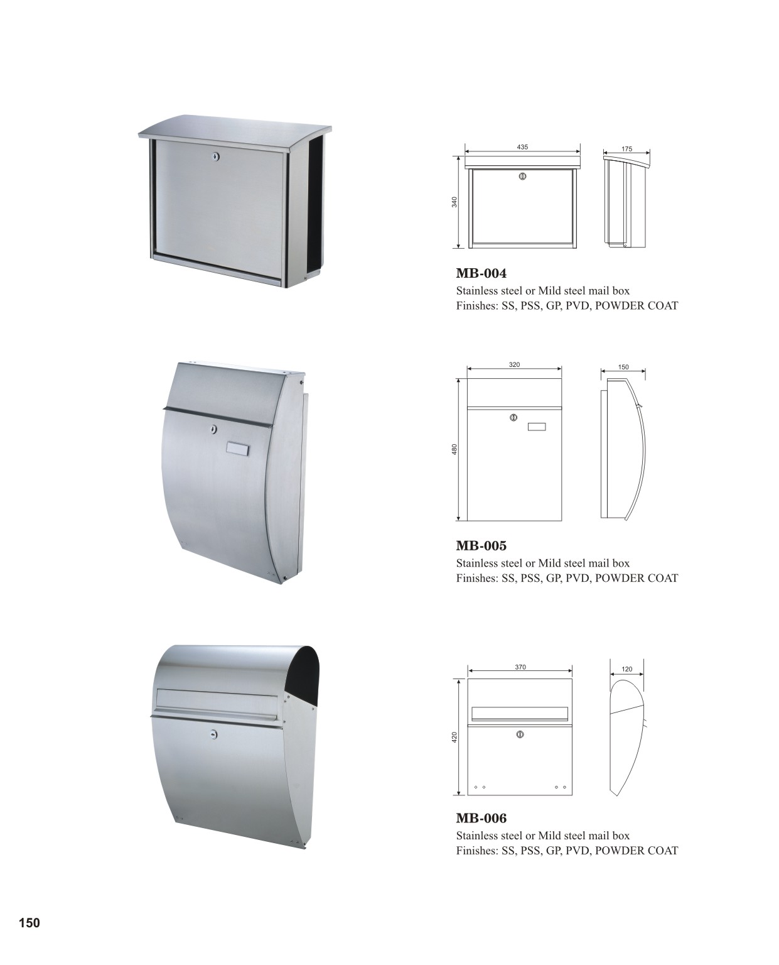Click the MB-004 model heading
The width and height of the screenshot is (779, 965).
(481, 273)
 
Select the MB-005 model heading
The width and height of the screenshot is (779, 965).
(481, 545)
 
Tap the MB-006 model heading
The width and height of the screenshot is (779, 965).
(481, 818)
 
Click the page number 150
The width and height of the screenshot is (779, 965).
(30, 923)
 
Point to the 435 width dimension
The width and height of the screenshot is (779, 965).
(522, 147)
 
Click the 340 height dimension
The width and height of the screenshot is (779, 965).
(454, 202)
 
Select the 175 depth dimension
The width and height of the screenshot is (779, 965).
(626, 149)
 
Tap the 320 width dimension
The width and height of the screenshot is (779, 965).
(514, 365)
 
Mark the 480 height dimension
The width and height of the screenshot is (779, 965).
(454, 449)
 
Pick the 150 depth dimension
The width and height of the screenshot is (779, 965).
(623, 368)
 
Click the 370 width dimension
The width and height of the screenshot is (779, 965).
(520, 667)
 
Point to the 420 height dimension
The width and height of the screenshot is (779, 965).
(454, 737)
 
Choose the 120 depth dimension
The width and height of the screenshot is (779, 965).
(626, 669)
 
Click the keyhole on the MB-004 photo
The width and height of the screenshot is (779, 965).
(216, 157)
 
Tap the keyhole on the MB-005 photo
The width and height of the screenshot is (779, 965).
(213, 428)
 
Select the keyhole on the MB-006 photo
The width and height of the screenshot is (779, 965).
(214, 734)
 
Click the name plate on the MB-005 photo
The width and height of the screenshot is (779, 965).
(238, 447)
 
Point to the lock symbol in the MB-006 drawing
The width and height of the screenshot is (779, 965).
(520, 734)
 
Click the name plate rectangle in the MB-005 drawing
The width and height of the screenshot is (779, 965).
(536, 427)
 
